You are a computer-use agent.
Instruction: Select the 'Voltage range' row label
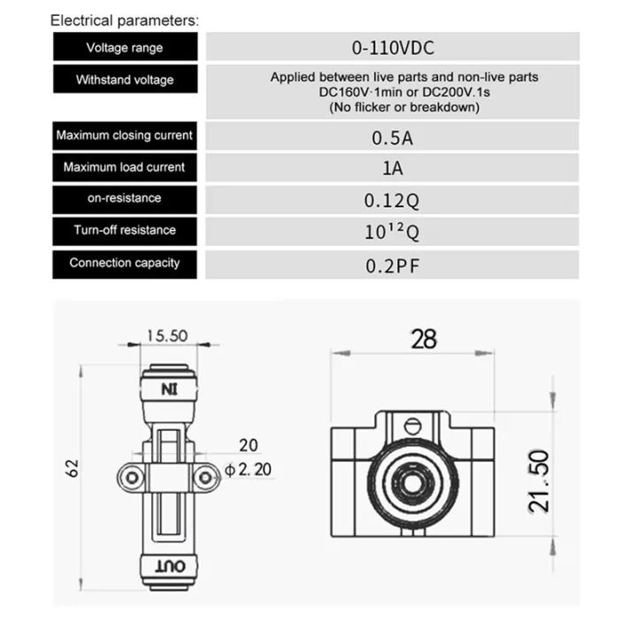[x=124, y=48]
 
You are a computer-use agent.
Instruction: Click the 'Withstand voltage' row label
[x=124, y=80]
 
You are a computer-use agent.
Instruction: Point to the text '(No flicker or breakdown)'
[x=403, y=107]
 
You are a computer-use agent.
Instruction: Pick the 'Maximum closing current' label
[x=124, y=136]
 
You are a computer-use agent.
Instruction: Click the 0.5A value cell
[x=392, y=137]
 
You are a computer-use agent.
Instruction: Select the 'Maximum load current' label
[x=124, y=167]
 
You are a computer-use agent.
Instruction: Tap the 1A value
[x=392, y=168]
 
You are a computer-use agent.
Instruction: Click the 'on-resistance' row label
[x=124, y=198]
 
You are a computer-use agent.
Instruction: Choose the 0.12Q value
[x=392, y=200]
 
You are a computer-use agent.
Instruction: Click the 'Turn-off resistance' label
[x=124, y=230]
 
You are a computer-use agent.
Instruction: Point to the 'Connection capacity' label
[x=124, y=263]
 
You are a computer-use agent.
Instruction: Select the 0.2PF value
[x=392, y=264]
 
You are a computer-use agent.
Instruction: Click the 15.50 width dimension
[x=167, y=336]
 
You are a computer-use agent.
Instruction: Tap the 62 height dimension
[x=73, y=466]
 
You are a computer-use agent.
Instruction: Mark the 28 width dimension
[x=424, y=338]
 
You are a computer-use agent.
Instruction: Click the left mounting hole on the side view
[x=131, y=478]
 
